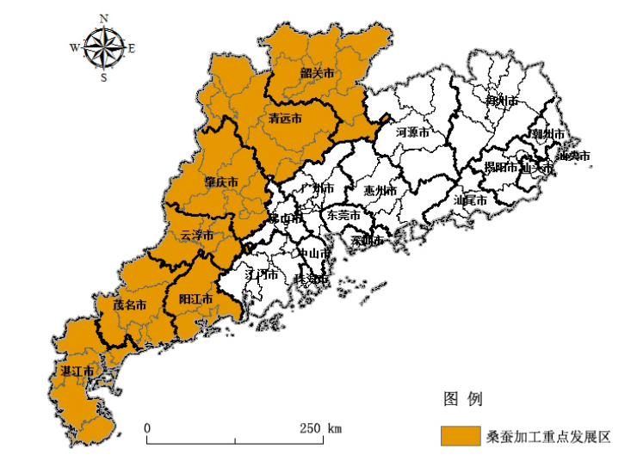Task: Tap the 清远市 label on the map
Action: coord(285,118)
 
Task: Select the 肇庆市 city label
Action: coord(220,182)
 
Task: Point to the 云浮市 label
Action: coord(197,235)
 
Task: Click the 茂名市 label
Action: coord(130,304)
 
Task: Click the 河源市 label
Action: coord(412,132)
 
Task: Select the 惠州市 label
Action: coord(379,190)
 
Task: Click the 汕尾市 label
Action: coord(470,200)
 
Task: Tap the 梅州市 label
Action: coord(501,101)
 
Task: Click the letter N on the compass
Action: coord(104,17)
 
